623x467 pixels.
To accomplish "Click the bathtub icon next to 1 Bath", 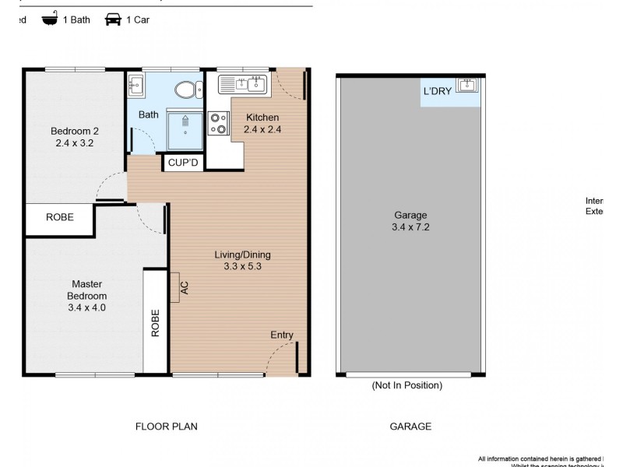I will pos(51,19).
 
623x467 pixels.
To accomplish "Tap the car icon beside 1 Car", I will pos(113,19).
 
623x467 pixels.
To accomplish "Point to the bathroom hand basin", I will pos(136,85).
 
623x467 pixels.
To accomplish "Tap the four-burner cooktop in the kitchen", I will pos(218,123).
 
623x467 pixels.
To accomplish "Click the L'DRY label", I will pos(436,91).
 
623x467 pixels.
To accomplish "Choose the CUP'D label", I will pos(184,163).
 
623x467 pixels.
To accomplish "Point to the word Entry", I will pos(282,335).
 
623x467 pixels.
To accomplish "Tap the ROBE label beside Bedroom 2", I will pos(60,217).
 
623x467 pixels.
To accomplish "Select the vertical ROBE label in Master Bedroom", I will pos(156,322).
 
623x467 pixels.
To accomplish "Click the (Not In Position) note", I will pos(407,385).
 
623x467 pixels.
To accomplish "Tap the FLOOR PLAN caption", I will pos(167,426).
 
